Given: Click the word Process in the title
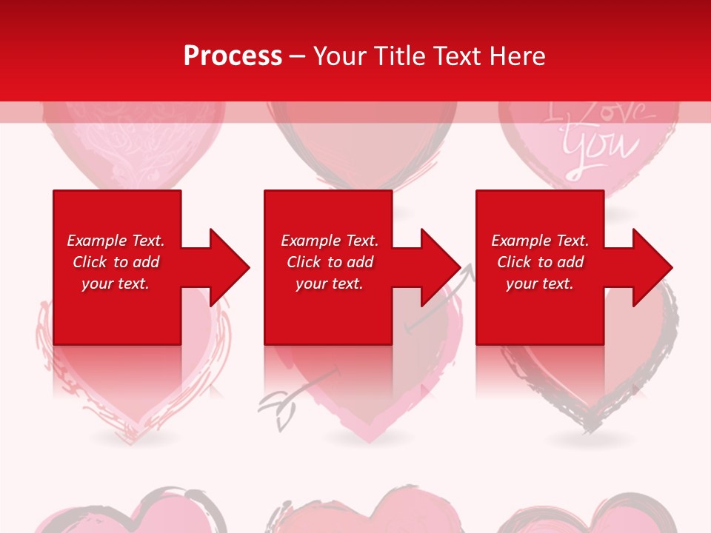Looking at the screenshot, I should pos(233,56).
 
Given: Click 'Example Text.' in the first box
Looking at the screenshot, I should pos(116,241).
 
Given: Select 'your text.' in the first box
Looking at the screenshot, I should pos(116,284).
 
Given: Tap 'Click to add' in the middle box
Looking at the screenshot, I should pos(330,262).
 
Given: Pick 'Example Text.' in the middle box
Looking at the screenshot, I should pos(330,241).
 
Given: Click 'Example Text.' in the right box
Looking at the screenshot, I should pos(540,241).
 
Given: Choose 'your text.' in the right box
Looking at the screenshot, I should pos(540,284).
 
